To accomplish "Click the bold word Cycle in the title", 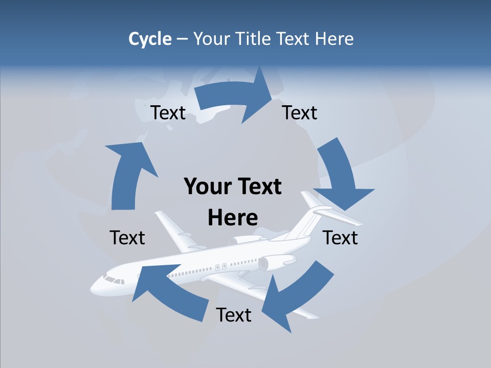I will tap(150, 39).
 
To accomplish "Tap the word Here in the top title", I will tap(334, 39).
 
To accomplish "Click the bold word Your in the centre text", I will tap(205, 187).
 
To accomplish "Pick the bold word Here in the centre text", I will tap(233, 218).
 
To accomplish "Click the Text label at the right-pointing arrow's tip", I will tap(300, 112).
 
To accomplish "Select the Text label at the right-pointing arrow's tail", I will tap(168, 112).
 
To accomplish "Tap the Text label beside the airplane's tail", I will tap(341, 238).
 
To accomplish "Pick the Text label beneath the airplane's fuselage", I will tap(234, 315).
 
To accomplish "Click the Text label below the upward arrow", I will tap(127, 238).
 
